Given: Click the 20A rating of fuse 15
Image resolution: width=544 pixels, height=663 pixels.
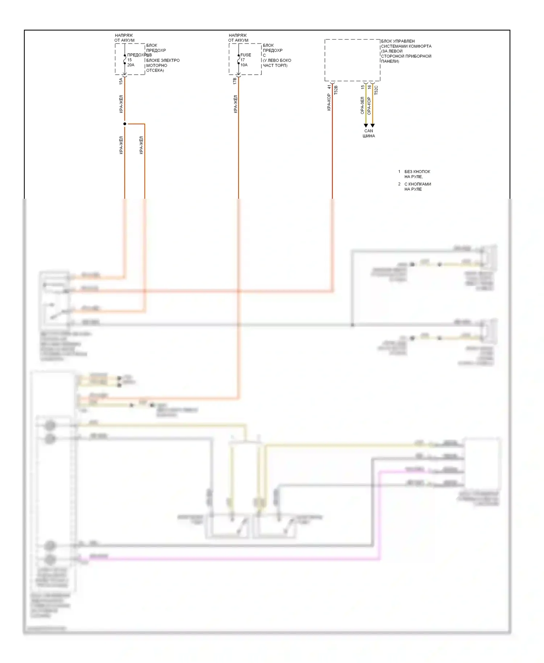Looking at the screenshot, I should pyautogui.click(x=131, y=65).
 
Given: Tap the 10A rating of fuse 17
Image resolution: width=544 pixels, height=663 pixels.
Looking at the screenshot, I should pyautogui.click(x=244, y=65).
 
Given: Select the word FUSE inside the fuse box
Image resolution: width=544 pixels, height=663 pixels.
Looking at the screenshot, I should pyautogui.click(x=246, y=55).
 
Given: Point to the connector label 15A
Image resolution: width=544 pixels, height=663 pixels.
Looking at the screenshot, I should pyautogui.click(x=121, y=81).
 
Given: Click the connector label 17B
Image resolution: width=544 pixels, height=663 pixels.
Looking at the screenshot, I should pyautogui.click(x=235, y=81).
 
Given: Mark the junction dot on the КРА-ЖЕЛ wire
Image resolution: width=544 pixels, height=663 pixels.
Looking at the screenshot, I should pyautogui.click(x=125, y=124).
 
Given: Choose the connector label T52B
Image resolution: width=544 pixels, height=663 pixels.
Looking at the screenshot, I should pyautogui.click(x=336, y=90).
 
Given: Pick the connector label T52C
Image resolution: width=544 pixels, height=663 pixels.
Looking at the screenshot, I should pyautogui.click(x=376, y=90).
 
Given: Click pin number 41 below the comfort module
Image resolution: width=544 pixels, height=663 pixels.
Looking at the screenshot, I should pyautogui.click(x=329, y=87).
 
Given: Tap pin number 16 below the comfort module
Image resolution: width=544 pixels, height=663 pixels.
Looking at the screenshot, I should pyautogui.click(x=369, y=87).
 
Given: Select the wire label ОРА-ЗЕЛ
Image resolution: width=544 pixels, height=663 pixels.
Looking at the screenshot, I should pyautogui.click(x=362, y=106).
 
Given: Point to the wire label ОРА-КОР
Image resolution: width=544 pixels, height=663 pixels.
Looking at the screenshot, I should pyautogui.click(x=369, y=106).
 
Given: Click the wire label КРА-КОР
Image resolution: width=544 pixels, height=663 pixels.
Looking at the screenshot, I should pyautogui.click(x=329, y=102).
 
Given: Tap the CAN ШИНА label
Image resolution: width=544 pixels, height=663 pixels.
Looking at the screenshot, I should pyautogui.click(x=368, y=133).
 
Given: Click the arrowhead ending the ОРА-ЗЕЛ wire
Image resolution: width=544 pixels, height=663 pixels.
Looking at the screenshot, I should pyautogui.click(x=366, y=125).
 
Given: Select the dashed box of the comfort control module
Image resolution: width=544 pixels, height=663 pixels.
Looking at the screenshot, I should pyautogui.click(x=352, y=60).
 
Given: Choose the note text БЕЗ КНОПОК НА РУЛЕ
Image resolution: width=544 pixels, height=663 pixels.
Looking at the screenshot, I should pyautogui.click(x=417, y=174).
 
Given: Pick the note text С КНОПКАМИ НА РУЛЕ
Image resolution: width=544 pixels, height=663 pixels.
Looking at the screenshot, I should pyautogui.click(x=417, y=186).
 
